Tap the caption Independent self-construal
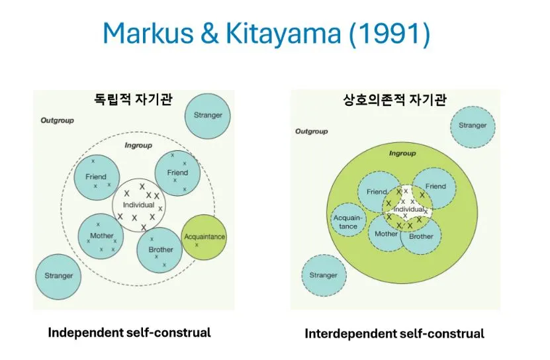(x=129, y=332)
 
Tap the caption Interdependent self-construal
(x=394, y=334)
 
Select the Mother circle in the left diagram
(x=101, y=236)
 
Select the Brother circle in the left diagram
(x=160, y=249)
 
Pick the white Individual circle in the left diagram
(x=138, y=205)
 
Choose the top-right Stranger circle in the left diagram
(x=208, y=115)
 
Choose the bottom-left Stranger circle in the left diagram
(x=58, y=275)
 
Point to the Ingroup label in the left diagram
(x=138, y=145)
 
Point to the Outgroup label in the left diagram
(x=57, y=120)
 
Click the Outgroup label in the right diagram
(x=311, y=132)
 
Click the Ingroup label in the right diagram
(x=402, y=154)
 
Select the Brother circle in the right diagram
(x=422, y=238)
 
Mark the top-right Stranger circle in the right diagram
(x=473, y=126)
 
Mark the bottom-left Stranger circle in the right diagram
(x=323, y=275)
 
